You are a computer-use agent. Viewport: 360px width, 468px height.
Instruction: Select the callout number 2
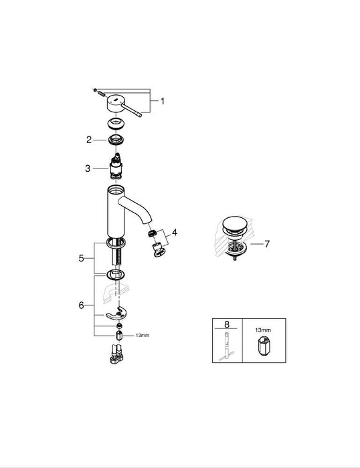[x=88, y=140]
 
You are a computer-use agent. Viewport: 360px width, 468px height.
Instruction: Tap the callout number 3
[x=88, y=168]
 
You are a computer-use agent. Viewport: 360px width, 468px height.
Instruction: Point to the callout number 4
[x=175, y=233]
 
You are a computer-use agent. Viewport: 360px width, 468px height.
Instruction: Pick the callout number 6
[x=82, y=304]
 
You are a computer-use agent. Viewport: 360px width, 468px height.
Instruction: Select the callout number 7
[x=266, y=244]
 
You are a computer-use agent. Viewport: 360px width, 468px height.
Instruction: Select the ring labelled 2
[x=118, y=140]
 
